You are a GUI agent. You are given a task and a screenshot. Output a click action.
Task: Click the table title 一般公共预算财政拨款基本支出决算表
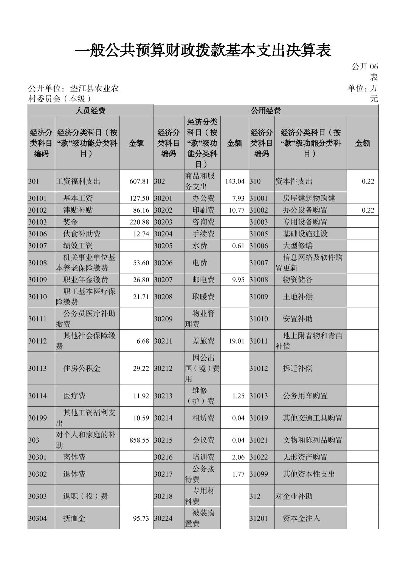203,50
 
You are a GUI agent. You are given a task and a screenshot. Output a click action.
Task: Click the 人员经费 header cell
90,110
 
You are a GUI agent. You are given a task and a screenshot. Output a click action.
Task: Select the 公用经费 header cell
265,110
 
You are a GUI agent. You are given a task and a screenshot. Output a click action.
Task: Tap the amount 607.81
139,181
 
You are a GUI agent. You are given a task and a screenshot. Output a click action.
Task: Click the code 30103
37,222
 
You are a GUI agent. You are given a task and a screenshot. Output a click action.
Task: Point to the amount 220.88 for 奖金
139,222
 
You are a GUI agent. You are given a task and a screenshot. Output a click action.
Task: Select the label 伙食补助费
82,234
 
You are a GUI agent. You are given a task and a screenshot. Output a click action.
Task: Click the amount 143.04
235,181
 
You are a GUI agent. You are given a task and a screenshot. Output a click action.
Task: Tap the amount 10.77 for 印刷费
237,210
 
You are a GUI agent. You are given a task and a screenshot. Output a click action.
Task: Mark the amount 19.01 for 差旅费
237,341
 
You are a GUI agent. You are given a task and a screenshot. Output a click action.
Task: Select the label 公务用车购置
305,396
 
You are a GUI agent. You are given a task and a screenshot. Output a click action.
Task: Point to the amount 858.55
139,440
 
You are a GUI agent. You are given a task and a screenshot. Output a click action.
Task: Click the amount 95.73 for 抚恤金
141,518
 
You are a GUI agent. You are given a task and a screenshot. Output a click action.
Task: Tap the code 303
34,440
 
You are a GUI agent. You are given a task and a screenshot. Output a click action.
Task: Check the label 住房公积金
82,369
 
